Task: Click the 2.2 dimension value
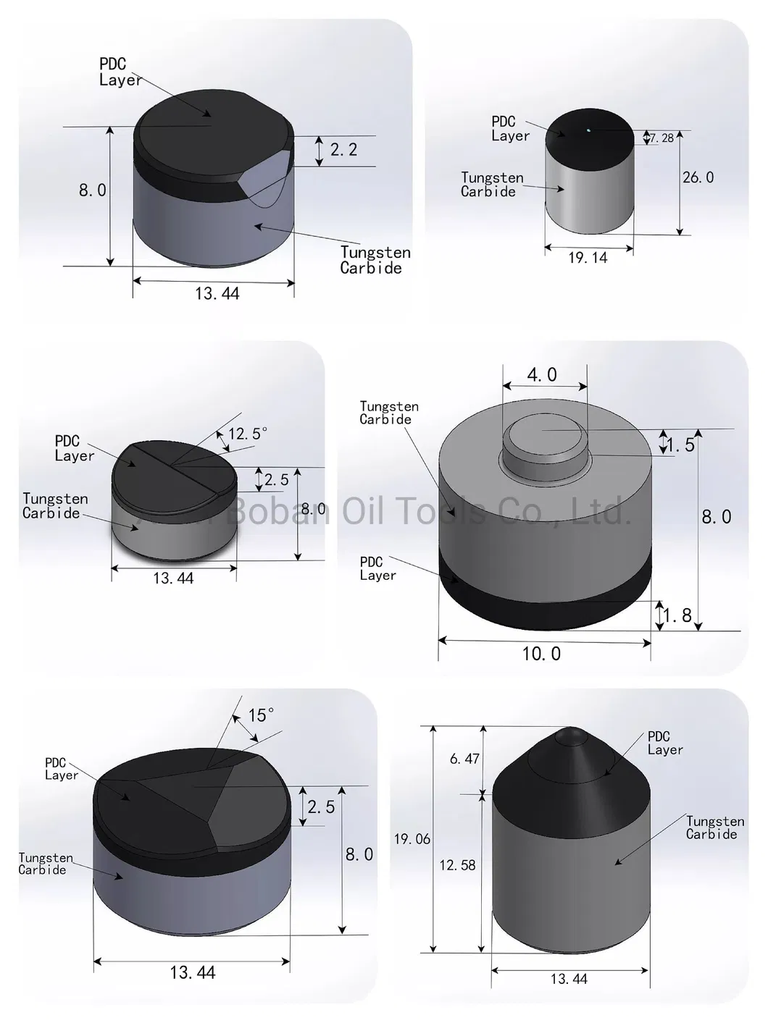pos(343,150)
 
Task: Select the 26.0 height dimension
pos(698,177)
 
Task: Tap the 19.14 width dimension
pos(588,258)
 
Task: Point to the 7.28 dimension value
pos(661,138)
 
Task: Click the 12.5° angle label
pos(248,434)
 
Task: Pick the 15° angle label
pos(261,715)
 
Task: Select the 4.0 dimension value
pos(542,375)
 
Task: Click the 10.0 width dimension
pos(541,654)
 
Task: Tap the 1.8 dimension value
pos(678,615)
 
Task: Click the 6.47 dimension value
pos(464,759)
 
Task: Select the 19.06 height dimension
pos(412,839)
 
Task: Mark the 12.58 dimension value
pos(457,865)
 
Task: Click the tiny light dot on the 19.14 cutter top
pos(588,130)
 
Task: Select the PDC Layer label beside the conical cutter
pos(664,744)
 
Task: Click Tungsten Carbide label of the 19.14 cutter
pos(491,185)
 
